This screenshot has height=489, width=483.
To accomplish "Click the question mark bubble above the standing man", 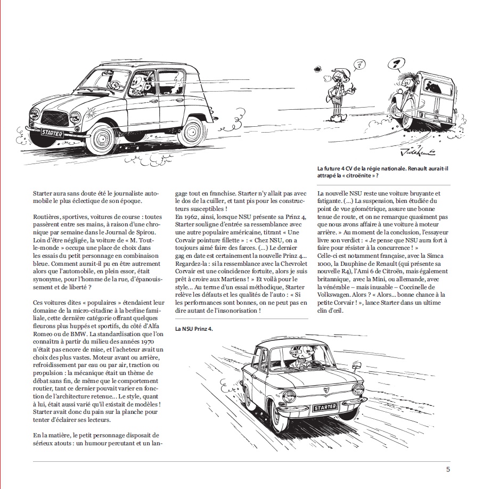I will pyautogui.click(x=360, y=66).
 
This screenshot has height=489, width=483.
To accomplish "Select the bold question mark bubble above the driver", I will pyautogui.click(x=395, y=66).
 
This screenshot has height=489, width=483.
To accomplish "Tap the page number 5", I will pyautogui.click(x=448, y=469).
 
